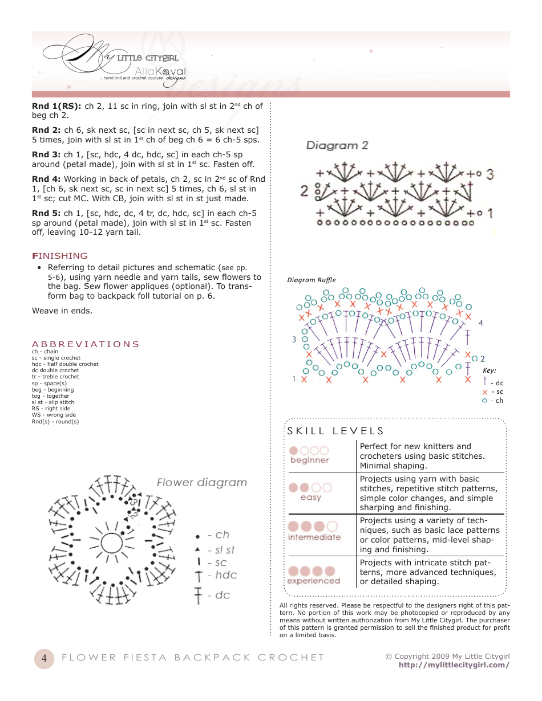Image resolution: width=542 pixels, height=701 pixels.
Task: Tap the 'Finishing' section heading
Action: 60,256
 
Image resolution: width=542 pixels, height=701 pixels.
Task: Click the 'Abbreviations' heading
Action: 86,344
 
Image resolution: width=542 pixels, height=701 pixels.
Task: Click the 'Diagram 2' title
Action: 337,145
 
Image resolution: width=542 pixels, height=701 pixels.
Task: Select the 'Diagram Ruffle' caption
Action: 312,280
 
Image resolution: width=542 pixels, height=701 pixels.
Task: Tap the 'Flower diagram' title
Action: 202,483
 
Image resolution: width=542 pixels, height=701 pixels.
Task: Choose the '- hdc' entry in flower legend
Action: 221,575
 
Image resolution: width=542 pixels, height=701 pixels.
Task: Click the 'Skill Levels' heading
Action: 335,431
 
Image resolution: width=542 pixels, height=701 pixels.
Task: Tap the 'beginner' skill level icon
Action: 309,455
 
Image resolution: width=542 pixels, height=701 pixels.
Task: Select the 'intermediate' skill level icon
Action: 314,531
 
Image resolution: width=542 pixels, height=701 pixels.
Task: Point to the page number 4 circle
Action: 44,658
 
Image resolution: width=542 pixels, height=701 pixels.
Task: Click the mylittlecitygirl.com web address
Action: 454,665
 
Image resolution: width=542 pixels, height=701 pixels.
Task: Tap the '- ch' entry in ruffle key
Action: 494,401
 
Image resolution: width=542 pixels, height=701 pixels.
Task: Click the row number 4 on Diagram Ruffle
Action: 480,323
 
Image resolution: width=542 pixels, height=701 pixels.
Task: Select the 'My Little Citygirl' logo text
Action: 147,58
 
